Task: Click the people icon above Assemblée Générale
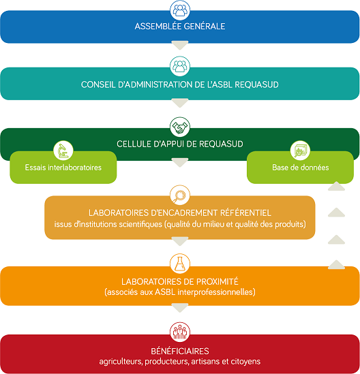[180, 10]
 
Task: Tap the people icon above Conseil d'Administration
[180, 66]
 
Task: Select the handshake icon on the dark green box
[180, 127]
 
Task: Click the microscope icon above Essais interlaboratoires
[63, 151]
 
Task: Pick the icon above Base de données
[300, 151]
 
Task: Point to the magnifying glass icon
[180, 195]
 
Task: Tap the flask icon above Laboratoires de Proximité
[180, 264]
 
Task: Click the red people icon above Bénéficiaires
[180, 332]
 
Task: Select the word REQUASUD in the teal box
[256, 84]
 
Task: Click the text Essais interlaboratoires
[63, 168]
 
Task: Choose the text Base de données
[300, 168]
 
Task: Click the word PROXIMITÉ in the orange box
[217, 282]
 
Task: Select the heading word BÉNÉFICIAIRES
[180, 351]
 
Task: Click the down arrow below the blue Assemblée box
[180, 46]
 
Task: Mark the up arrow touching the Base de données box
[336, 186]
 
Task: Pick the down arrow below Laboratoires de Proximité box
[180, 308]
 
